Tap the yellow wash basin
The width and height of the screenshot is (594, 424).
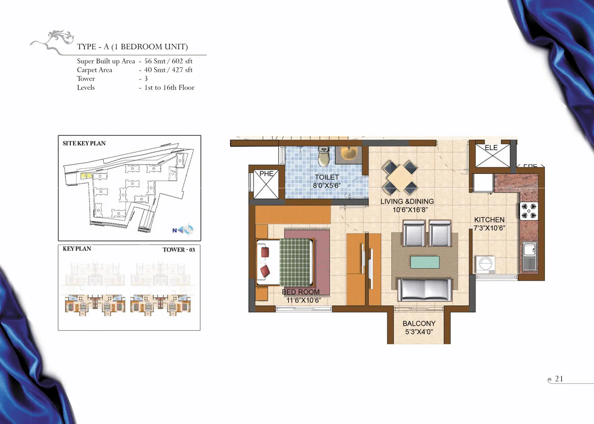pos(349,153)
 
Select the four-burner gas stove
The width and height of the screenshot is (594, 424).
pos(529,211)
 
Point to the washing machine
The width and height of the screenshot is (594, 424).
pos(485,264)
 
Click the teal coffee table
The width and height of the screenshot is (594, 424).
pos(425,262)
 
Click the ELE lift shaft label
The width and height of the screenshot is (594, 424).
pos(491,148)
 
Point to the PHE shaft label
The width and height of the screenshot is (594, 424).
pos(266,174)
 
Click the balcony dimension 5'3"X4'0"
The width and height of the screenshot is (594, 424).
pos(419,332)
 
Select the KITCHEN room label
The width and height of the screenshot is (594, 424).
pos(489,220)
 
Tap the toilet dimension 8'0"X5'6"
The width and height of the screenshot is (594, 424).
pos(327,185)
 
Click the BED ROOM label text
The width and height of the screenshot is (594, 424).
pos(301,292)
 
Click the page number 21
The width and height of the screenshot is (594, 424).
pos(559,378)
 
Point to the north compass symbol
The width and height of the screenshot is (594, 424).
pos(183,230)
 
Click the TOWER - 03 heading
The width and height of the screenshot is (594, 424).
pos(179,249)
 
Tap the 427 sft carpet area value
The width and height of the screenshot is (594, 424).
pos(182,70)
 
